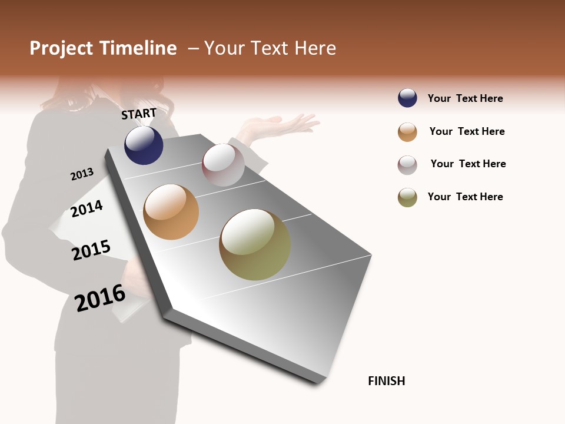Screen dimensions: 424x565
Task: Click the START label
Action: (139, 114)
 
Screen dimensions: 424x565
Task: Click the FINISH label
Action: (387, 381)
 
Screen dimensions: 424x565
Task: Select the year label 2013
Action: (82, 174)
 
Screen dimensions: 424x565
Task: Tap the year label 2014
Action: (87, 208)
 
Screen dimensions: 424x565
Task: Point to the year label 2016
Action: (100, 298)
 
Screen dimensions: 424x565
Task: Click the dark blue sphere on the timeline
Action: (144, 145)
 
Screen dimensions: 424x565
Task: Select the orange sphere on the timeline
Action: (171, 212)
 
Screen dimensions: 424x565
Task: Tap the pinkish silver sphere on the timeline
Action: (223, 165)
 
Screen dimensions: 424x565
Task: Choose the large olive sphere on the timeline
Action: (255, 244)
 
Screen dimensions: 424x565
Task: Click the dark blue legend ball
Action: (407, 98)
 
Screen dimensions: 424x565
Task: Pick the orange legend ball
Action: (407, 132)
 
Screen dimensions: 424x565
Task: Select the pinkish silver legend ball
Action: (407, 165)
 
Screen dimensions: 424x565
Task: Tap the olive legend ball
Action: (407, 197)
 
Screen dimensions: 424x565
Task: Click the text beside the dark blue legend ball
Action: (465, 98)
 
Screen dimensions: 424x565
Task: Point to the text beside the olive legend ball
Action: (465, 197)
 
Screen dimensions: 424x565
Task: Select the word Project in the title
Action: (61, 48)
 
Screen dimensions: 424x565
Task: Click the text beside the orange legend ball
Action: (467, 131)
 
